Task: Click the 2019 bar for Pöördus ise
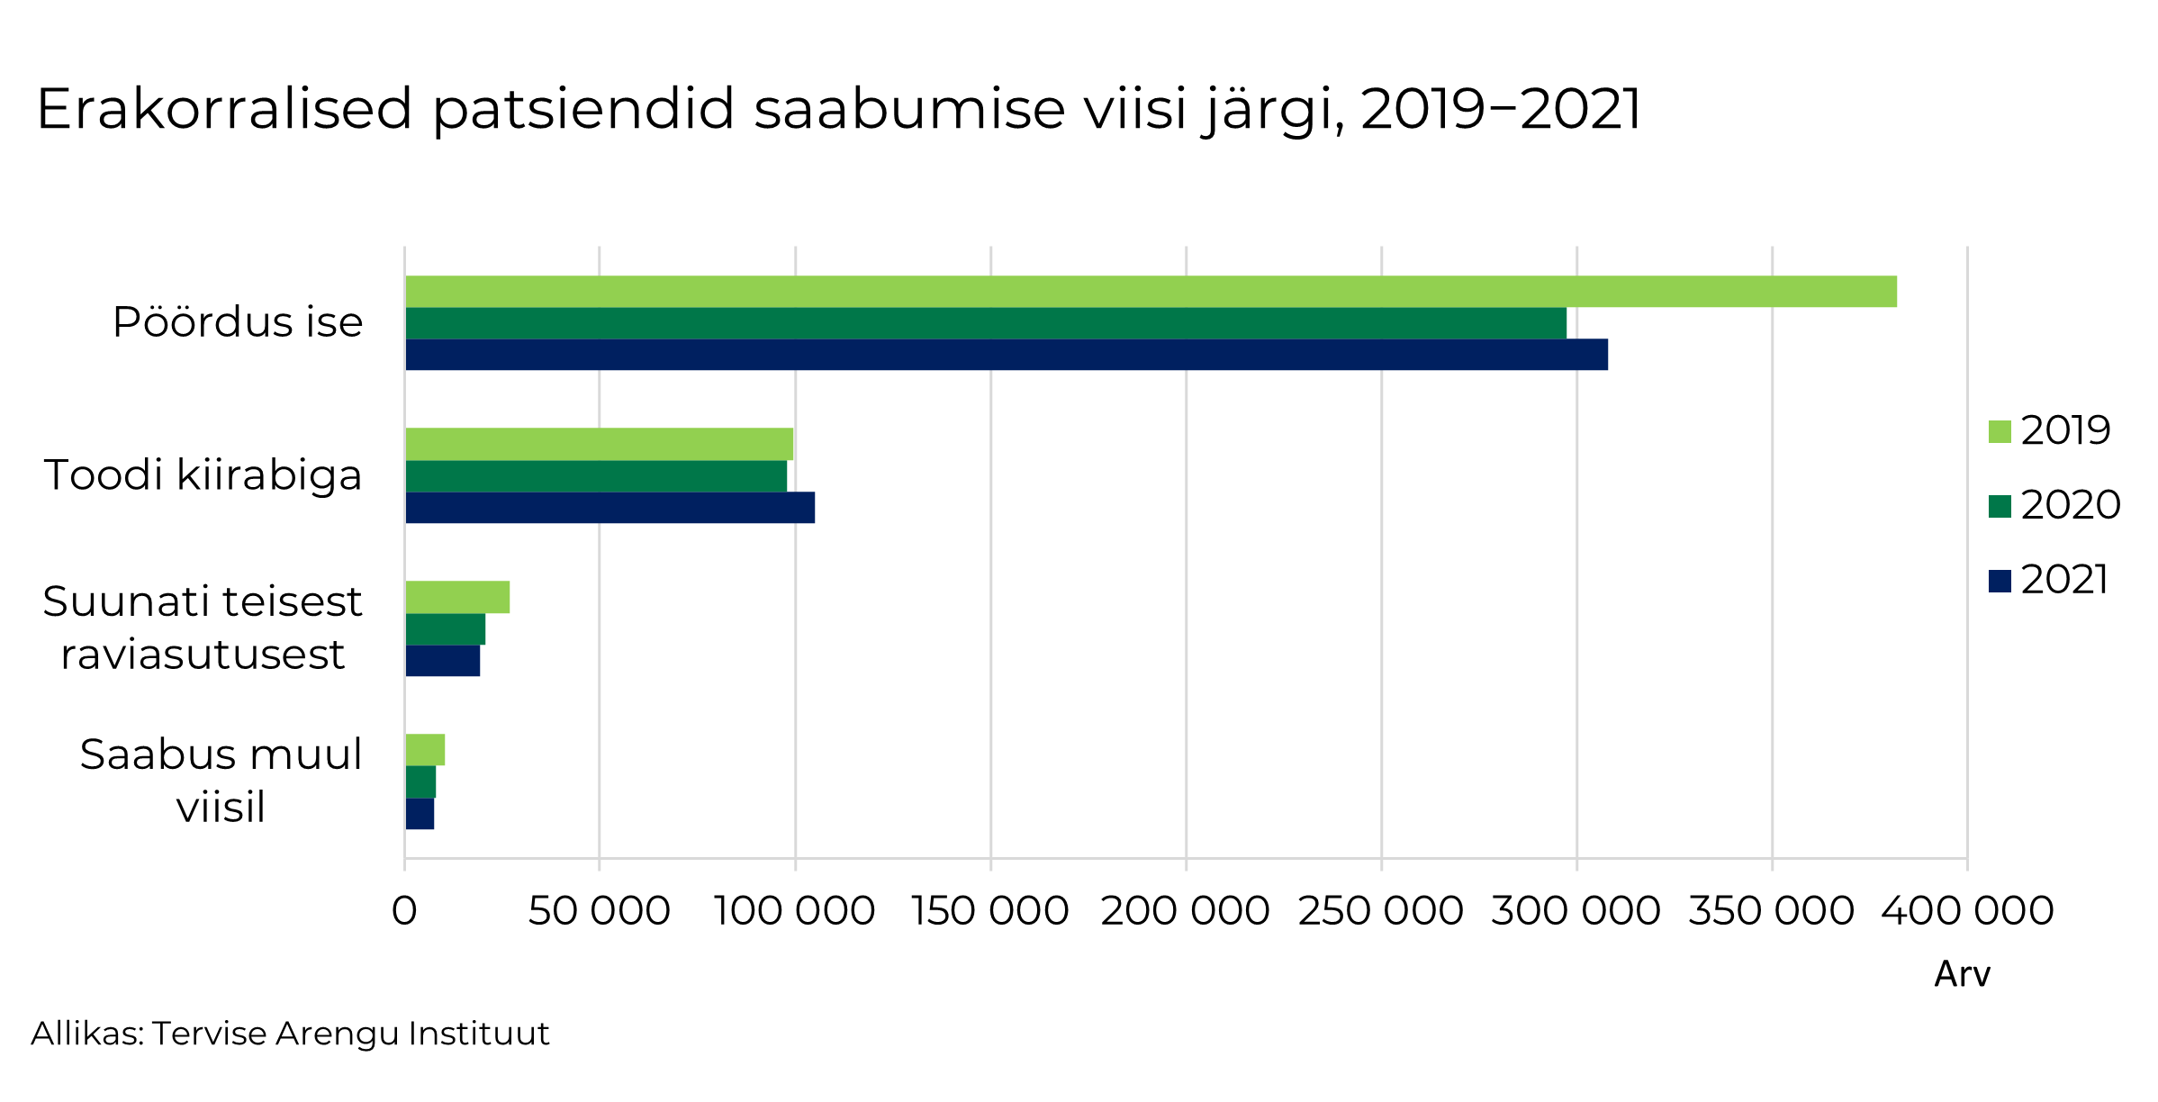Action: coord(1151,292)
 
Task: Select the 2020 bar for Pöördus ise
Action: coord(986,323)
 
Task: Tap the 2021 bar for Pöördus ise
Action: coord(1007,355)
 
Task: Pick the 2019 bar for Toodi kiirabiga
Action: coord(600,444)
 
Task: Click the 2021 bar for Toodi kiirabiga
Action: coord(610,508)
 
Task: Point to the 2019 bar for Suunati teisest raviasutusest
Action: coord(457,597)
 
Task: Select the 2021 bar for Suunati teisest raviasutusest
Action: coord(443,661)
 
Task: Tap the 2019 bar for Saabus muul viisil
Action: coord(425,750)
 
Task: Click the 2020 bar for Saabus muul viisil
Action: coord(420,781)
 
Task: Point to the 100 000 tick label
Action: coord(794,911)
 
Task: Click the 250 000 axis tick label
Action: coord(1380,911)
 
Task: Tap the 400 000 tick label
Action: coord(1967,911)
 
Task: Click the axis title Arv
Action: coord(1962,974)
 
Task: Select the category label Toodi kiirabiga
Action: coord(203,475)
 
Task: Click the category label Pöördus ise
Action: coord(238,322)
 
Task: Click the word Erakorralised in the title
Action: coord(224,110)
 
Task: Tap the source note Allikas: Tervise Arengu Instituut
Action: coord(290,1034)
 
